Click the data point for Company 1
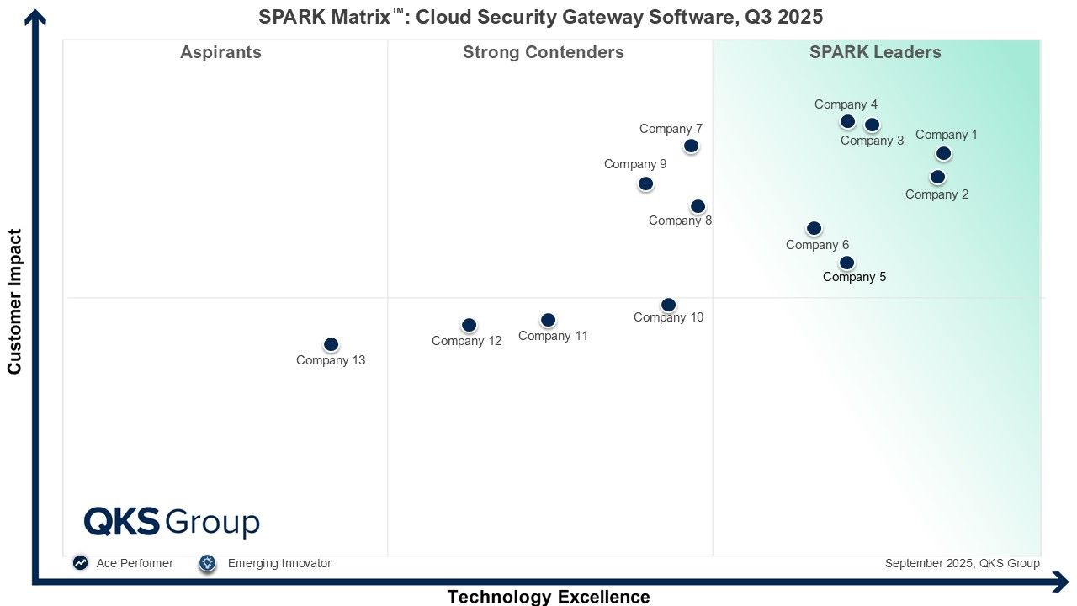click(x=943, y=153)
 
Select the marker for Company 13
click(x=331, y=344)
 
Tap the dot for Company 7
click(x=691, y=146)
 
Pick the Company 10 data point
click(x=668, y=305)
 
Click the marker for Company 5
click(x=846, y=263)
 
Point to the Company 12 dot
click(x=470, y=325)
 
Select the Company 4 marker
click(x=847, y=121)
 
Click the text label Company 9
click(x=635, y=164)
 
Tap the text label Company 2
click(x=936, y=194)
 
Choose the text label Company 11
click(x=553, y=336)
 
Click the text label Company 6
click(x=817, y=245)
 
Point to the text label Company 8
click(x=680, y=221)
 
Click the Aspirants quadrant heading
click(x=220, y=52)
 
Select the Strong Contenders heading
click(x=544, y=52)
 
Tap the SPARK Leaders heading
click(x=875, y=52)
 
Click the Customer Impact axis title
click(x=14, y=301)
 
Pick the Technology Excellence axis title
click(x=549, y=597)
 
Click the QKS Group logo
click(x=172, y=522)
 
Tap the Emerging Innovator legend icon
click(x=208, y=563)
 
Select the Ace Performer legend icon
click(x=80, y=563)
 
